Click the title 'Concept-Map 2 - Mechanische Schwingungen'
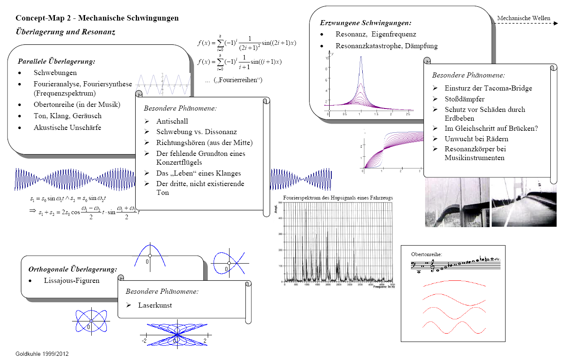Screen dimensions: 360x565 click(x=97, y=18)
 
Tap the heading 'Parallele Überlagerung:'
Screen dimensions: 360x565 click(x=57, y=62)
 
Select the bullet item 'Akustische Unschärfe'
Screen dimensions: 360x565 click(x=67, y=128)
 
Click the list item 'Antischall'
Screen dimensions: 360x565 click(x=172, y=122)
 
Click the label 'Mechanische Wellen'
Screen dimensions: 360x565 click(x=524, y=18)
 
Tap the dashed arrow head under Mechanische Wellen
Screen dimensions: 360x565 click(x=555, y=24)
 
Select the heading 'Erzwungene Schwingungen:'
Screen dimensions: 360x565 click(x=366, y=23)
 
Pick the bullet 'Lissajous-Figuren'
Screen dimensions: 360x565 click(x=72, y=281)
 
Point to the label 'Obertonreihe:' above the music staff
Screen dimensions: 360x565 click(x=426, y=254)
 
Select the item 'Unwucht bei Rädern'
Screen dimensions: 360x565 click(x=471, y=139)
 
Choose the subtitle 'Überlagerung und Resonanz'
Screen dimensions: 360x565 click(x=65, y=32)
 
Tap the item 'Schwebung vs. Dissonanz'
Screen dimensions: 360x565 click(x=196, y=132)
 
